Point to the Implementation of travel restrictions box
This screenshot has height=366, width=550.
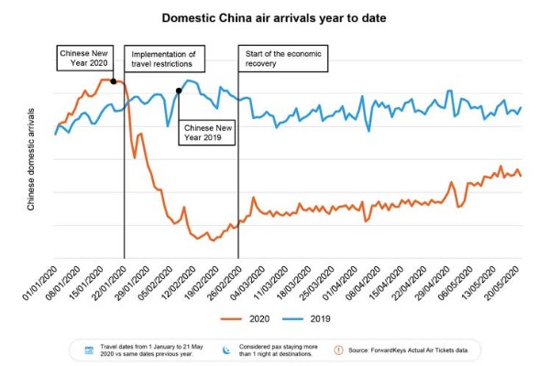point(162,59)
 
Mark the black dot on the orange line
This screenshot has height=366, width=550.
point(113,81)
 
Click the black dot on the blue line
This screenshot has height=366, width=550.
point(178,91)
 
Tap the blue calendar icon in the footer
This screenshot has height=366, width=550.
point(89,350)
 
